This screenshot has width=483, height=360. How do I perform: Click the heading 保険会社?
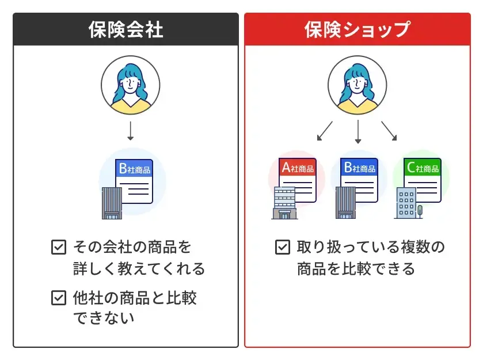click(x=125, y=29)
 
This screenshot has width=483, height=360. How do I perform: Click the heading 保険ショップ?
click(x=357, y=29)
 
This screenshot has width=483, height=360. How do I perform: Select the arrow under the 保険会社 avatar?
click(x=130, y=132)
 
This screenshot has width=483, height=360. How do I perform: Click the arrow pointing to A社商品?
click(x=325, y=131)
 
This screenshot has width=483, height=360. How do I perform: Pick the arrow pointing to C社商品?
click(x=389, y=131)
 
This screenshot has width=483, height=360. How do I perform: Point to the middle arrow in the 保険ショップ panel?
click(x=358, y=132)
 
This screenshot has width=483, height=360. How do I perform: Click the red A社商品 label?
click(x=297, y=168)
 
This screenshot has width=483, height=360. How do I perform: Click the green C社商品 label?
click(x=422, y=168)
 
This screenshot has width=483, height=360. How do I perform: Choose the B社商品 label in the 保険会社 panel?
click(x=134, y=168)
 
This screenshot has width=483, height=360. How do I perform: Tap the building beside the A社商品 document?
click(x=283, y=203)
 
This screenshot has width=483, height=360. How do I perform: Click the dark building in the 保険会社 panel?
click(x=111, y=203)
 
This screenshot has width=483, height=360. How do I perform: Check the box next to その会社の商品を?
click(x=58, y=248)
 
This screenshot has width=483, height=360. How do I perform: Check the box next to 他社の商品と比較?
click(x=58, y=298)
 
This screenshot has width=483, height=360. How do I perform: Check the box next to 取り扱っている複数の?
click(x=282, y=248)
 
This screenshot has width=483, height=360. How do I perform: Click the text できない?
click(x=103, y=317)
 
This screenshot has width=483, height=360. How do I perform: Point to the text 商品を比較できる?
click(x=355, y=268)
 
